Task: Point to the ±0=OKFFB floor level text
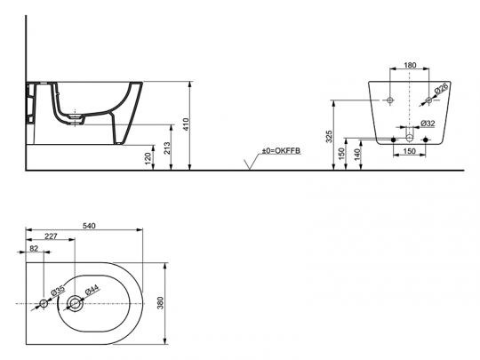click(x=281, y=152)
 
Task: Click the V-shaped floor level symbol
click(x=252, y=162)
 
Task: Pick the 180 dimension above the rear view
click(x=410, y=66)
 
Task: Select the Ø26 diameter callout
click(x=442, y=88)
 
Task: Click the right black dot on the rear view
click(x=425, y=140)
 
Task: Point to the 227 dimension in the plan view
click(x=52, y=236)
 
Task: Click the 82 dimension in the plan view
click(x=33, y=251)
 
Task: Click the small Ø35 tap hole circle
click(x=43, y=305)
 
